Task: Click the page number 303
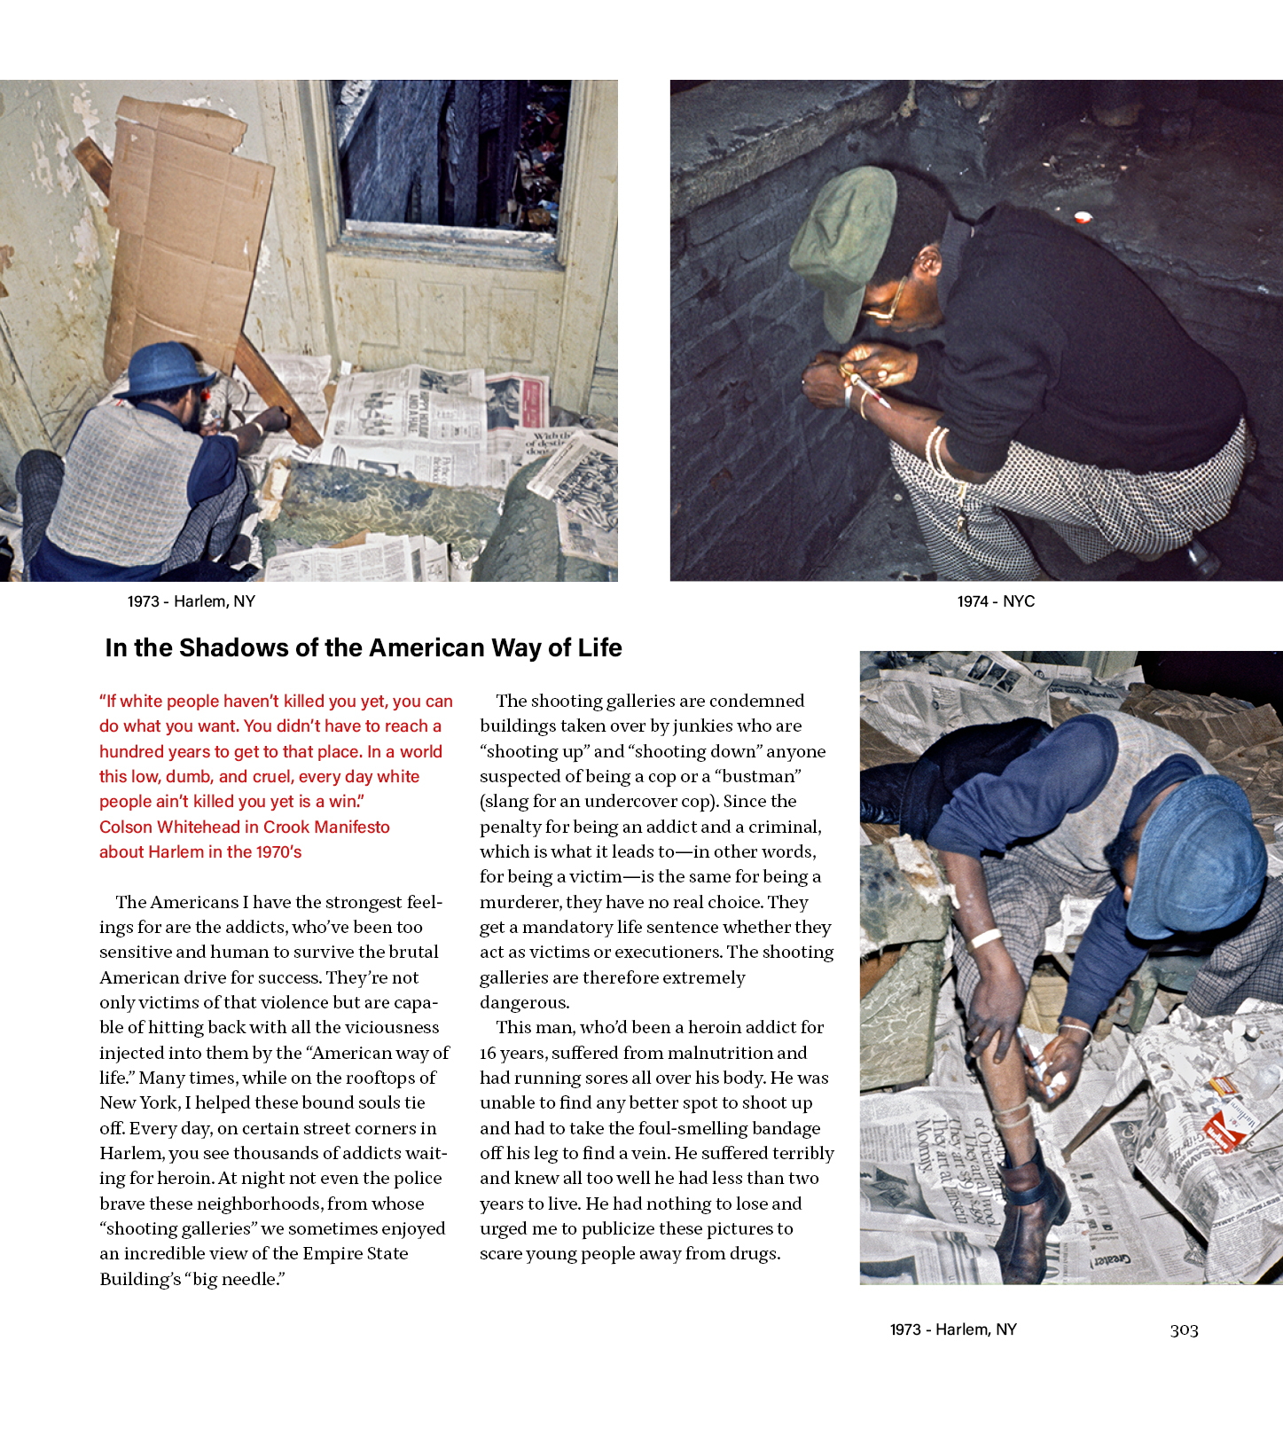click(1184, 1329)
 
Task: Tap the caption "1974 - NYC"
click(996, 601)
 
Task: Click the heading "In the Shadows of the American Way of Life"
click(364, 648)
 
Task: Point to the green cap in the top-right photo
click(841, 239)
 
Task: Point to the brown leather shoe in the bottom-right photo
click(1029, 1216)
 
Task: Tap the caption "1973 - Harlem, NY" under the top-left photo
click(192, 601)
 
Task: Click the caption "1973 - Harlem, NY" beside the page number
click(953, 1329)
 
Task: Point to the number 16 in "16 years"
click(488, 1053)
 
